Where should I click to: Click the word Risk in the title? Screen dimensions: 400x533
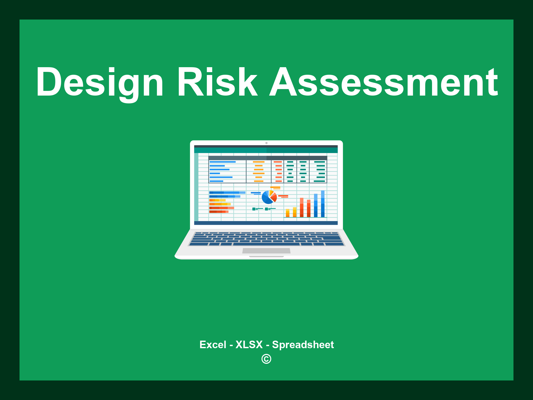(x=217, y=82)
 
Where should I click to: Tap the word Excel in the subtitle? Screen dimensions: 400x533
(x=213, y=345)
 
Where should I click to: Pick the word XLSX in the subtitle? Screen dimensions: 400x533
(x=249, y=345)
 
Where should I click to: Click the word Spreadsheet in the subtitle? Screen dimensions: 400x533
(x=303, y=345)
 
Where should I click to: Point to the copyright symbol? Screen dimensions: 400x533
(x=266, y=359)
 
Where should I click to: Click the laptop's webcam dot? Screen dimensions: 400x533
(x=266, y=143)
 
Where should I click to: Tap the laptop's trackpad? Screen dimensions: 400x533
(x=266, y=251)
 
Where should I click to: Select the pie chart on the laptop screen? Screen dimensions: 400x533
(x=269, y=197)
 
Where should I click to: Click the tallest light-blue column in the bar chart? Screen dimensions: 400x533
(x=323, y=204)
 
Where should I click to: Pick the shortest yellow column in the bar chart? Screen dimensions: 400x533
(x=288, y=213)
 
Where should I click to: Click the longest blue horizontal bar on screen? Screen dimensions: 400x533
(x=227, y=193)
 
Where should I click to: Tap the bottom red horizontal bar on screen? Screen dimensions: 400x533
(x=219, y=212)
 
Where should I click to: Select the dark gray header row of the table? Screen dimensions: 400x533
(x=268, y=158)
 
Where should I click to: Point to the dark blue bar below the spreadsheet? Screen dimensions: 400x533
(x=266, y=223)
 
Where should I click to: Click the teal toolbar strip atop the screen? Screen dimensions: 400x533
(x=266, y=151)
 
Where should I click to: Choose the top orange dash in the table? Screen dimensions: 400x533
(x=258, y=162)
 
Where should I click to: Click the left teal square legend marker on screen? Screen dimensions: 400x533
(x=254, y=209)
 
